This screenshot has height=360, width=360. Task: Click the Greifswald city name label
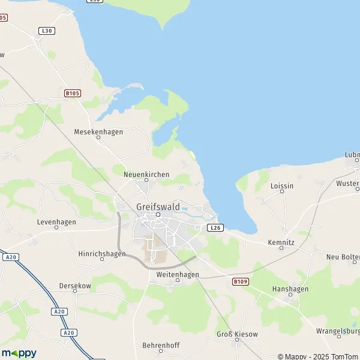pyautogui.click(x=158, y=206)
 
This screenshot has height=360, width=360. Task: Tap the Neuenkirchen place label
pyautogui.click(x=146, y=174)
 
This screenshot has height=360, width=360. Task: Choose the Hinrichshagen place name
pyautogui.click(x=102, y=254)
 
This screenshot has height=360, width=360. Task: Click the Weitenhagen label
pyautogui.click(x=177, y=274)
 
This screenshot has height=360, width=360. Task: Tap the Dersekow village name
pyautogui.click(x=75, y=286)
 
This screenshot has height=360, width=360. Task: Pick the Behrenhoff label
pyautogui.click(x=161, y=345)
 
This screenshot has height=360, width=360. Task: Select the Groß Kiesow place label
pyautogui.click(x=236, y=333)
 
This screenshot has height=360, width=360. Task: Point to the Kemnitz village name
pyautogui.click(x=281, y=241)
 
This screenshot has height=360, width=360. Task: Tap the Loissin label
pyautogui.click(x=282, y=186)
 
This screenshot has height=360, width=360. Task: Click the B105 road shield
pyautogui.click(x=73, y=93)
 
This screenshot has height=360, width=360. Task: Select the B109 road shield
pyautogui.click(x=240, y=281)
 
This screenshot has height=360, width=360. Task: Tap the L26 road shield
pyautogui.click(x=215, y=228)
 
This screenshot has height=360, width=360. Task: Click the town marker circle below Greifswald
pyautogui.click(x=158, y=214)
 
